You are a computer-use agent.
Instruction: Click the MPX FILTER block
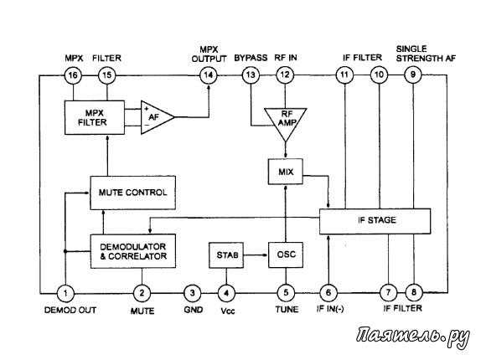95,117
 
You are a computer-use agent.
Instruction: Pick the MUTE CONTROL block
133,193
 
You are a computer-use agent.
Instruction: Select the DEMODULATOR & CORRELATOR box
133,251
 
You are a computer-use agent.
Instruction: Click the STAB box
226,255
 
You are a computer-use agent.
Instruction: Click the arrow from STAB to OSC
256,255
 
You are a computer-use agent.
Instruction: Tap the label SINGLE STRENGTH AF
426,54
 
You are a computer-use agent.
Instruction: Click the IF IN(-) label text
330,309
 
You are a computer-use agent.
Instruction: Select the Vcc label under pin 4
228,311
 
